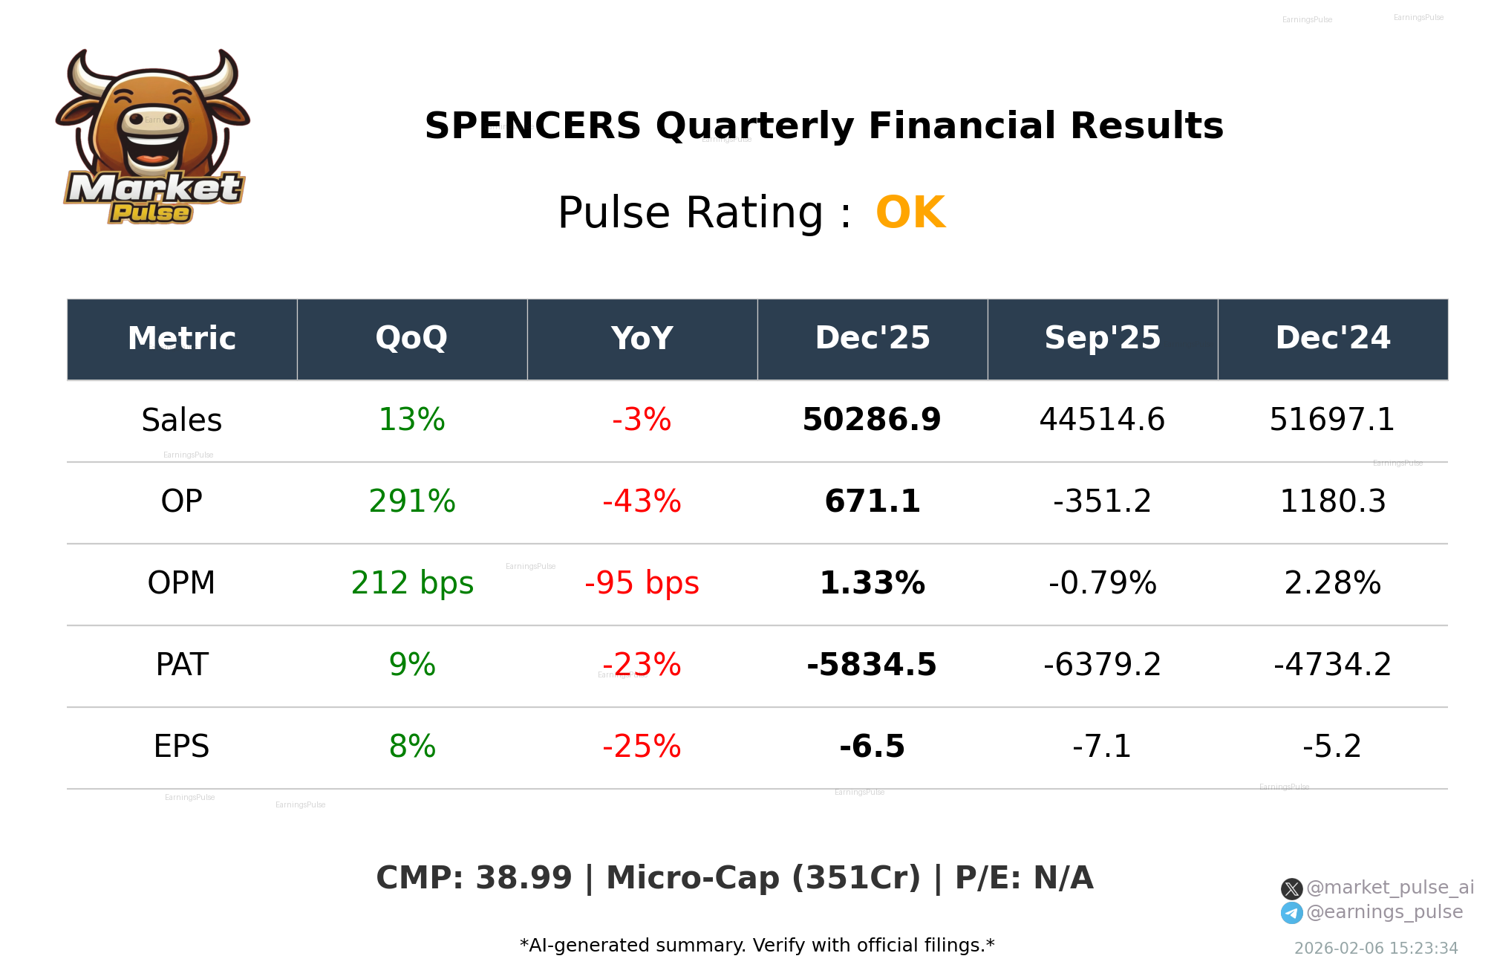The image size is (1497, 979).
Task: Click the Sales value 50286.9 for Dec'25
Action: [872, 420]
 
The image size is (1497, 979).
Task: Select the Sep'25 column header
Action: [1102, 338]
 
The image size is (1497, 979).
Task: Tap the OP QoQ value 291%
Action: [412, 501]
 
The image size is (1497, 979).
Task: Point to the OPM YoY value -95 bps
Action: [642, 583]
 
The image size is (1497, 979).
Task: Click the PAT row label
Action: [182, 665]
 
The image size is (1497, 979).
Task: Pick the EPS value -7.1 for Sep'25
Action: [1102, 747]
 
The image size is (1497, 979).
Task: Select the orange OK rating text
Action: [910, 212]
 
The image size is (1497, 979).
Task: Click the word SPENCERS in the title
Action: [532, 126]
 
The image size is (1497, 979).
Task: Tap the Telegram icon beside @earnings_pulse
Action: [1291, 913]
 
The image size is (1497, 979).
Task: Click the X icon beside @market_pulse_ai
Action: [1291, 888]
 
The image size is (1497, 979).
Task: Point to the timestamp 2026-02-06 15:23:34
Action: [1376, 949]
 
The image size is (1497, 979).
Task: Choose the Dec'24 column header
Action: [1333, 338]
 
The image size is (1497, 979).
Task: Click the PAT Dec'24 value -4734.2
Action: [1333, 665]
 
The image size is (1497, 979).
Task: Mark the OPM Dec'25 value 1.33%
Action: [872, 583]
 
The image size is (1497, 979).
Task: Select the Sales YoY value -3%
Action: [642, 420]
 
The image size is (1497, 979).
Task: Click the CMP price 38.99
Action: [524, 878]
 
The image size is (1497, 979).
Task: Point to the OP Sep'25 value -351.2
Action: [1102, 501]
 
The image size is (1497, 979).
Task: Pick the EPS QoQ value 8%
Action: [412, 747]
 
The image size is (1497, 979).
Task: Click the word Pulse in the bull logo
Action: [151, 213]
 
